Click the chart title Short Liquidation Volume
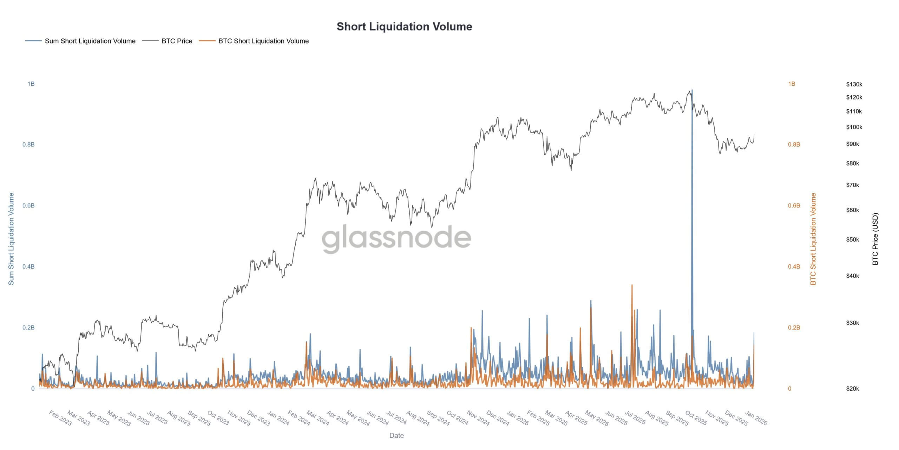click(404, 27)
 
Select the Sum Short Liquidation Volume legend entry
click(90, 41)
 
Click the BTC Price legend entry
click(177, 41)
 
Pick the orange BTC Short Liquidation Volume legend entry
click(263, 41)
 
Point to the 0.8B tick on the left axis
click(28, 144)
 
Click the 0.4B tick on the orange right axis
click(794, 266)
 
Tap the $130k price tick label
click(854, 84)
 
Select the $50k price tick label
click(852, 240)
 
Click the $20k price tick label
click(852, 388)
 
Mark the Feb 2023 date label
click(60, 418)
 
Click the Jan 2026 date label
click(756, 418)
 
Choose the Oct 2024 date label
click(457, 418)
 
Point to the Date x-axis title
click(396, 436)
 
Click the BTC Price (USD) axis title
click(875, 239)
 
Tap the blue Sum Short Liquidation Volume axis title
click(11, 239)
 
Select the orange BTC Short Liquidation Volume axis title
click(813, 239)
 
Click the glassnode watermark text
click(396, 238)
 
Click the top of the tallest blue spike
click(692, 90)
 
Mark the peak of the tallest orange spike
click(632, 285)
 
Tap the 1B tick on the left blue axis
click(31, 84)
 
